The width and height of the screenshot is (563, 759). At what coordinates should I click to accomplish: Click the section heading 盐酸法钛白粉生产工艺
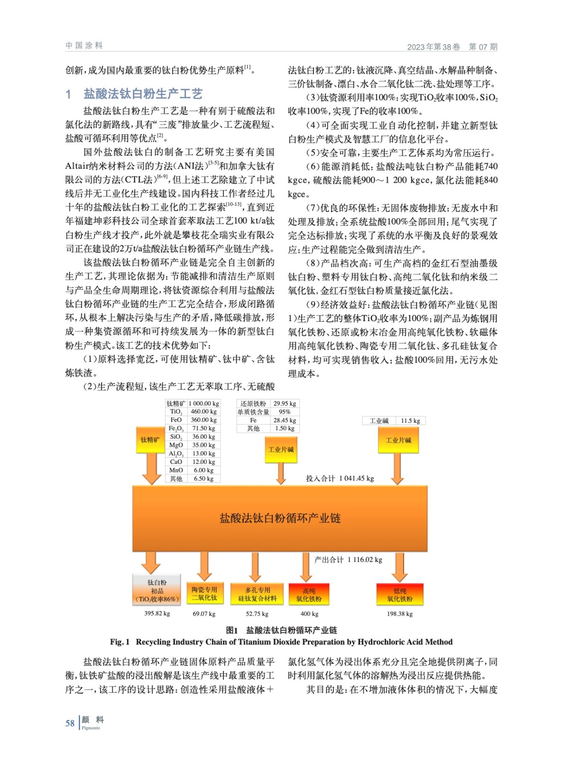coord(143,93)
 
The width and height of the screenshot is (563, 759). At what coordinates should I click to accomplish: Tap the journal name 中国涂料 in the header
coord(84,46)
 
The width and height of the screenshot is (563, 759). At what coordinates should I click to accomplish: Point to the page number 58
coord(70,723)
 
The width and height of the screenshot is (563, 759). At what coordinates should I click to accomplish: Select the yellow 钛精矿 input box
coord(150,440)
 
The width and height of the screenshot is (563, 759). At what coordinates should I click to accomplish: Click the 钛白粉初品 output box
coord(157,591)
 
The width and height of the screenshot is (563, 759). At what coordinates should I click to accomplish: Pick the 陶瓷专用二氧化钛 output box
coord(204,594)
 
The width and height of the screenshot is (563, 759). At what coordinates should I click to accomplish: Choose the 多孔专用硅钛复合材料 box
coord(257,594)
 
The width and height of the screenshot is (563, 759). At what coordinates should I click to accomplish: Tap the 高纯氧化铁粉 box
coord(309,595)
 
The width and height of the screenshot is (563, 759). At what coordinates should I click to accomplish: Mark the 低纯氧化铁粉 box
coord(399,595)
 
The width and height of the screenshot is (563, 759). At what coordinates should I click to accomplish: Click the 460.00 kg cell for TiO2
coord(203,412)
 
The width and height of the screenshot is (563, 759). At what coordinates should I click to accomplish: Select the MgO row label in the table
coord(176,445)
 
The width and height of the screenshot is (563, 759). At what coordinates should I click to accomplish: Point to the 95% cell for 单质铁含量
coord(285,412)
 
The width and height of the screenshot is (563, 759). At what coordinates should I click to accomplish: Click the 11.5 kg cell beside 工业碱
coord(410,421)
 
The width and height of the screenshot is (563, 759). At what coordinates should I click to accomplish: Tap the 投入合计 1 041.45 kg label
coord(340,478)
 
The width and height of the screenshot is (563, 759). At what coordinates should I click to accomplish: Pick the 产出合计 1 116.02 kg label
coord(348,560)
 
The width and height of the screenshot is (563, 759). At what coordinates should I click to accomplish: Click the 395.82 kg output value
coord(157,613)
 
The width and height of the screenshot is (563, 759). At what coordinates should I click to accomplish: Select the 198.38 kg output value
coord(399,614)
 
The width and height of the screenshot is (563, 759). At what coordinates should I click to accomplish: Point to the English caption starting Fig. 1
coord(281,642)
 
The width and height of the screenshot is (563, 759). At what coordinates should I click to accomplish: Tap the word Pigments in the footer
coord(91,728)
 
